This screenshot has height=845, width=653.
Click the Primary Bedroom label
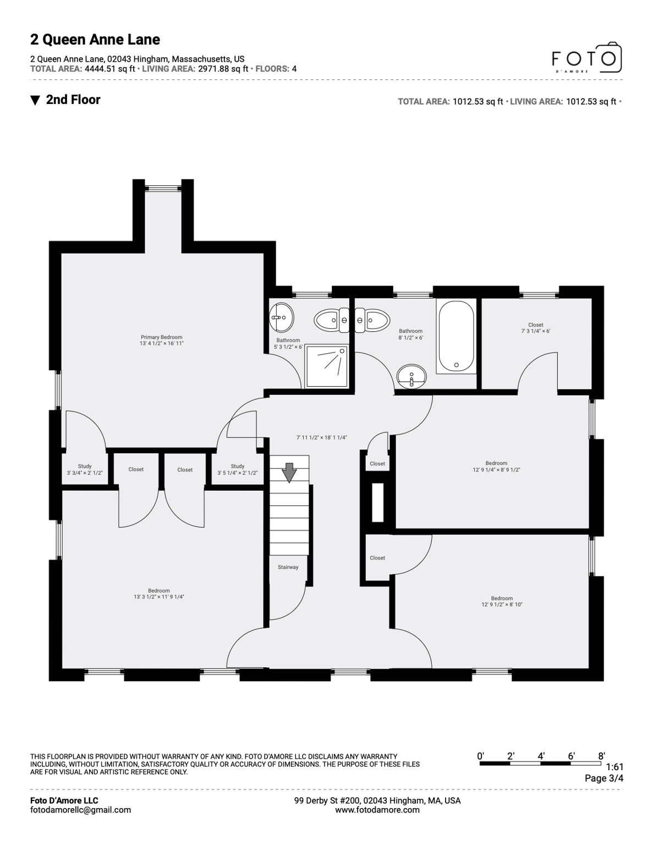click(x=161, y=337)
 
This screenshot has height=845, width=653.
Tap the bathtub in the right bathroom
click(x=456, y=337)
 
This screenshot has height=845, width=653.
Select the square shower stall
click(x=326, y=365)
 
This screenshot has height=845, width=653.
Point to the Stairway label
click(x=288, y=567)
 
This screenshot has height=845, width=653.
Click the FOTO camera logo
click(x=586, y=58)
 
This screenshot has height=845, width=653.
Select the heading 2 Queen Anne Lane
click(x=95, y=40)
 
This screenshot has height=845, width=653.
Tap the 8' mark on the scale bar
click(x=602, y=756)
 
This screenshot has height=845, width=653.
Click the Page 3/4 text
click(x=603, y=778)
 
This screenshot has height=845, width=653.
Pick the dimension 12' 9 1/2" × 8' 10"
click(x=502, y=605)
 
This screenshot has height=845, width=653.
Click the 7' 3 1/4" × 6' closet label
click(x=535, y=331)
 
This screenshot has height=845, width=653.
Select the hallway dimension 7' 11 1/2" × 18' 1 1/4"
click(x=322, y=438)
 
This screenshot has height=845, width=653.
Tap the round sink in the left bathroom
click(x=282, y=317)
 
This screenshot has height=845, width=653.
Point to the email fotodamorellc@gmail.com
click(x=80, y=810)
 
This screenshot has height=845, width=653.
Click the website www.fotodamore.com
click(x=377, y=810)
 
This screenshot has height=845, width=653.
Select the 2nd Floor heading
click(x=73, y=100)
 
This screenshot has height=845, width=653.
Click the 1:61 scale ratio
click(x=614, y=767)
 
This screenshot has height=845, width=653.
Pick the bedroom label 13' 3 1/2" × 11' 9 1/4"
click(x=158, y=597)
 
